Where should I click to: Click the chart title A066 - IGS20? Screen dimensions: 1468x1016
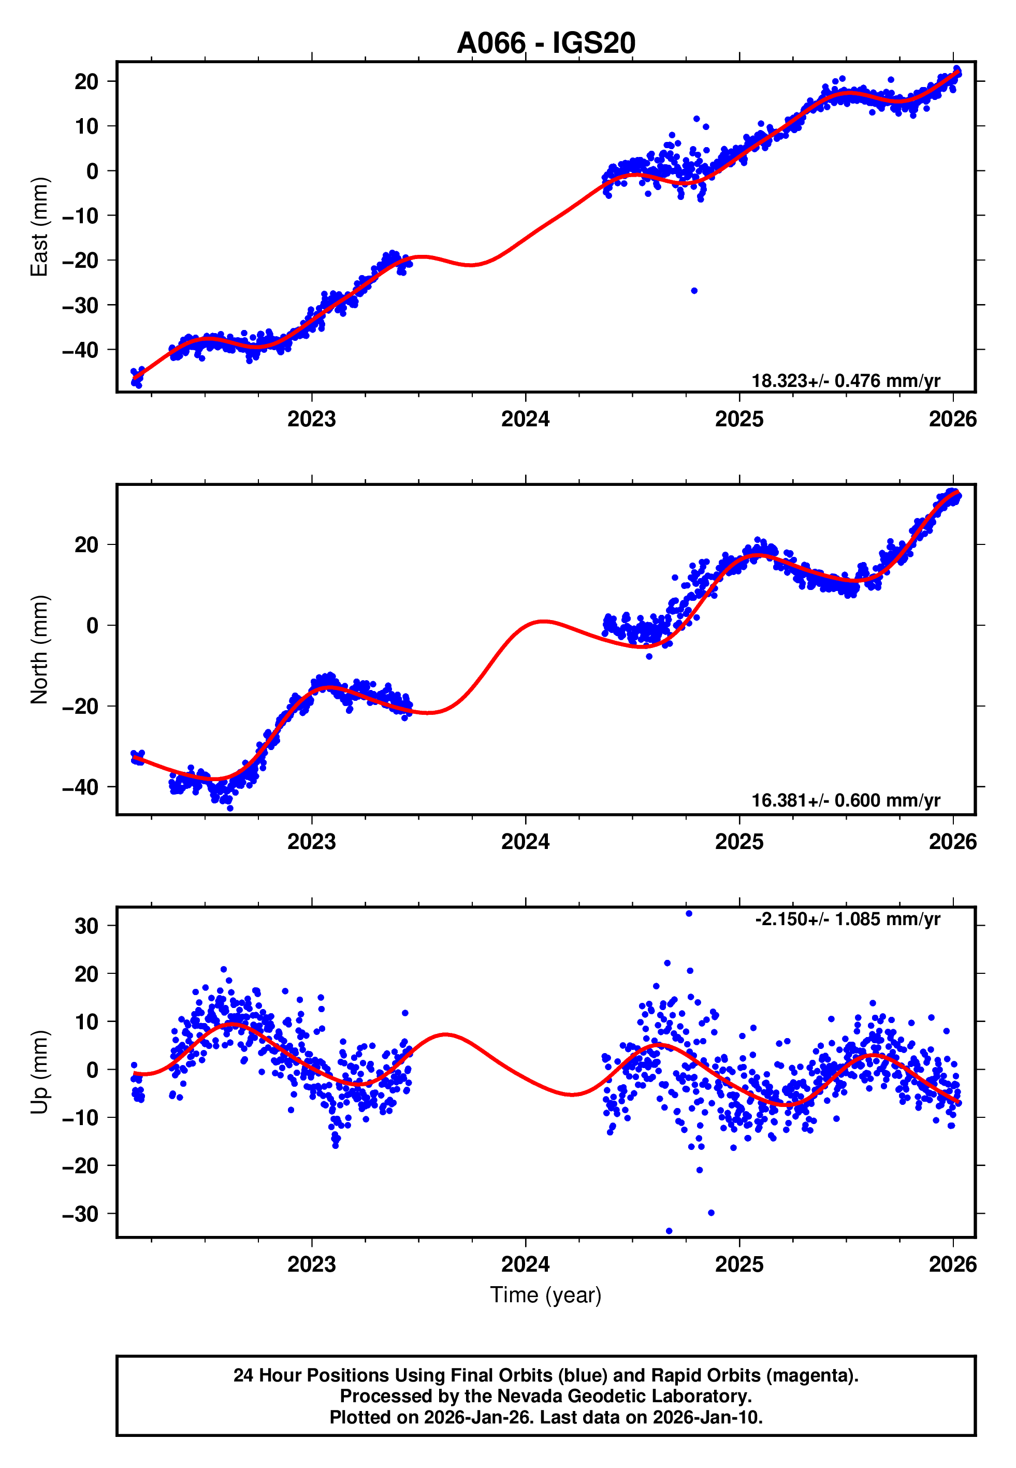click(546, 44)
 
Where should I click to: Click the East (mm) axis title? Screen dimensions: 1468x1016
click(39, 227)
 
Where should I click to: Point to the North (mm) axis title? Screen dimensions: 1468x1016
click(39, 650)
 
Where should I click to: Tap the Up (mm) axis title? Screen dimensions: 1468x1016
click(39, 1072)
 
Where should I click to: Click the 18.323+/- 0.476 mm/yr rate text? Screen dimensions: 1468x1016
click(846, 381)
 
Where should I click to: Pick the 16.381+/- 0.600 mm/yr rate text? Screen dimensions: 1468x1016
click(846, 800)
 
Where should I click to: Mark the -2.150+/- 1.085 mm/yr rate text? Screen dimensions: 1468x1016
click(847, 919)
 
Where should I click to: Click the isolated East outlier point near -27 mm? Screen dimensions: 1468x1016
click(694, 291)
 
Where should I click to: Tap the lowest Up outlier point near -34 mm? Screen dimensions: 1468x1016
click(669, 1231)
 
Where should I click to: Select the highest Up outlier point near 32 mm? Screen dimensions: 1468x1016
click(689, 914)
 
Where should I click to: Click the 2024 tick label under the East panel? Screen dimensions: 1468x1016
click(525, 419)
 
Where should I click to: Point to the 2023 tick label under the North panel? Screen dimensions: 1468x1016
click(311, 842)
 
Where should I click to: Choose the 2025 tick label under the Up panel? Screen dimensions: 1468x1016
click(738, 1264)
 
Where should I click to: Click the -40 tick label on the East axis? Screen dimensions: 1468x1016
click(80, 350)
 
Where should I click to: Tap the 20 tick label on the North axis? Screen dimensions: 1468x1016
click(86, 545)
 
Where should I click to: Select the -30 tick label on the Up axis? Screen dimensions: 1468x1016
click(80, 1214)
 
